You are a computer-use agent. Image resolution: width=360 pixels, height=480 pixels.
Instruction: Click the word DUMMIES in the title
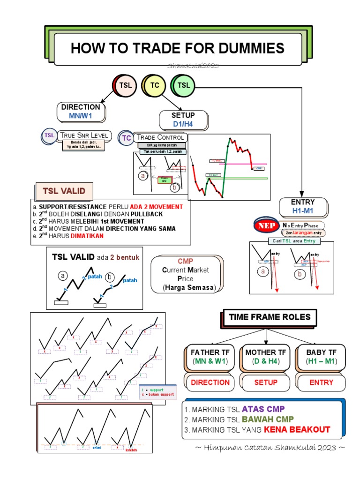click(247, 48)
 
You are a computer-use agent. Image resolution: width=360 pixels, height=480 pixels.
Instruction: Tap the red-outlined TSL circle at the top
click(124, 85)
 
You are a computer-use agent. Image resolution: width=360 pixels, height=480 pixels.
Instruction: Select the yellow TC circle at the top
click(155, 85)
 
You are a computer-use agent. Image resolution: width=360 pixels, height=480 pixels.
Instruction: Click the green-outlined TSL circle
click(184, 85)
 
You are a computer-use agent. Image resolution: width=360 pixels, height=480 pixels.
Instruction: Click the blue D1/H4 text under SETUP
click(183, 124)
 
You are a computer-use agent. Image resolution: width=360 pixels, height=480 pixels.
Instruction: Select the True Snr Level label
click(84, 135)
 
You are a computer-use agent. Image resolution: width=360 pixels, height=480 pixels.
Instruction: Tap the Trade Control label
click(160, 137)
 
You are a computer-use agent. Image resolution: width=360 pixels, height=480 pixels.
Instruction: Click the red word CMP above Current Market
click(186, 261)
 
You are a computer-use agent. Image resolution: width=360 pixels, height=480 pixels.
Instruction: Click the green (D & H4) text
click(265, 361)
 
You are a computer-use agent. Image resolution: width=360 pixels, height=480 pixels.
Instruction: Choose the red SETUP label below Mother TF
click(266, 382)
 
